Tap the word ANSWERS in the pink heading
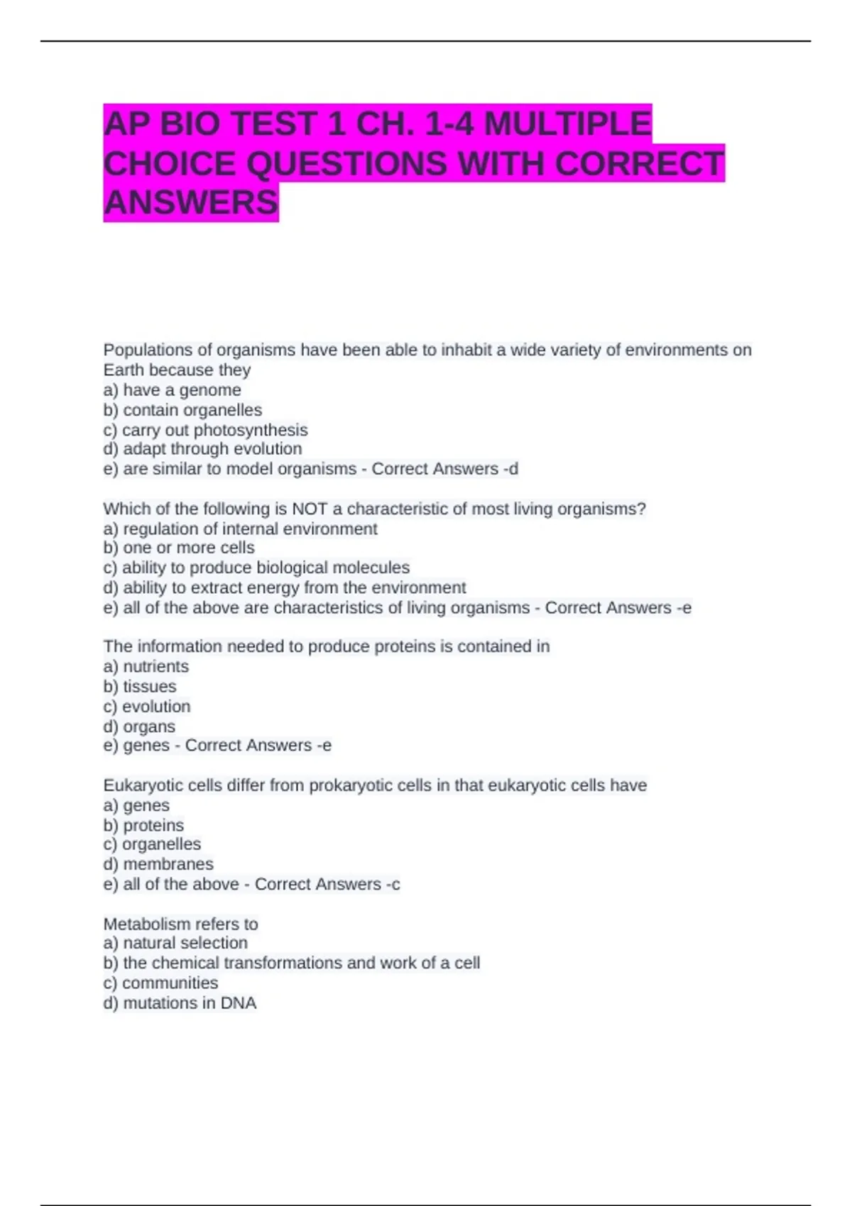click(x=191, y=203)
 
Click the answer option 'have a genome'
click(x=182, y=390)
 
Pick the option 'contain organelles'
click(x=192, y=410)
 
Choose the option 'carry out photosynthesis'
click(x=214, y=430)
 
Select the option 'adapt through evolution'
click(x=212, y=449)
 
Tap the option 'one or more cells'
click(x=188, y=548)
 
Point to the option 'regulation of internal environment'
click(x=250, y=529)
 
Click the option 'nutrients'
click(x=155, y=667)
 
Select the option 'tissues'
click(x=149, y=687)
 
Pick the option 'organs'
click(x=148, y=726)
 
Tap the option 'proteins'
click(x=153, y=825)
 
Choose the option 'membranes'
click(x=168, y=864)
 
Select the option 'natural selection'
click(x=185, y=943)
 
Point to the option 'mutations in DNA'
click(x=190, y=1003)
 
